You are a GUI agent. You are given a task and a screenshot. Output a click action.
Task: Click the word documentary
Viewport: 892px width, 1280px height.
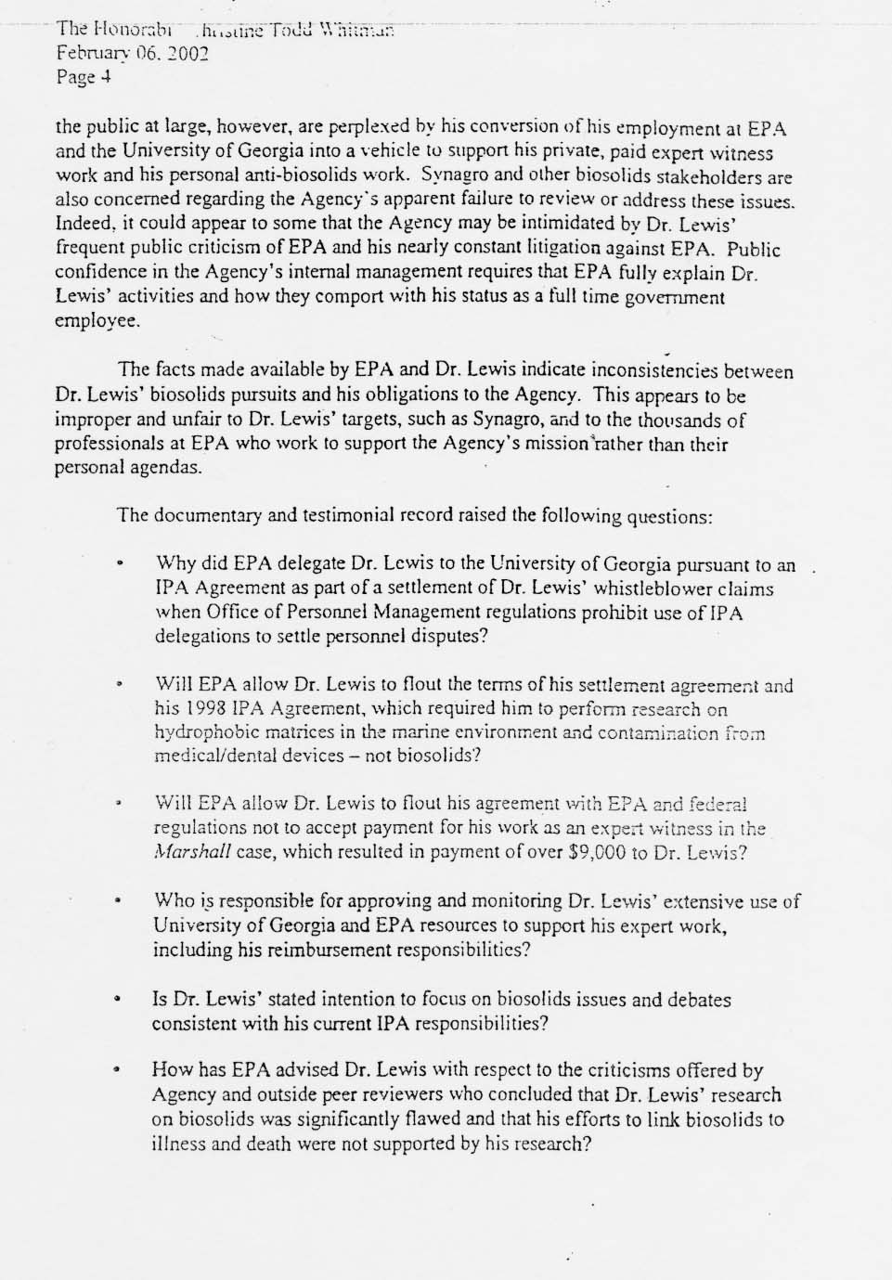pos(204,515)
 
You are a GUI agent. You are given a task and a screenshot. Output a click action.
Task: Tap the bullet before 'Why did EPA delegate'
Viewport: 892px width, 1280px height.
pos(120,564)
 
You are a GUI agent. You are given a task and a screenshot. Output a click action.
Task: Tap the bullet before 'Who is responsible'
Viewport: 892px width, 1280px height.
pos(119,901)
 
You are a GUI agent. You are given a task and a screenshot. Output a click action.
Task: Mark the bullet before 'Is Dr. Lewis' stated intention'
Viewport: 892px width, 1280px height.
pos(119,1001)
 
